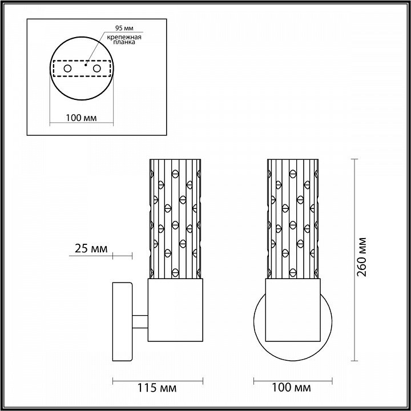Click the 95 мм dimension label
point(124,28)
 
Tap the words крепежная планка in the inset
point(124,39)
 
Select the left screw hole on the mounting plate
point(67,68)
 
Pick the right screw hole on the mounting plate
point(96,68)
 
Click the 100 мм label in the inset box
point(81,118)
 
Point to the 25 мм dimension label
point(91,248)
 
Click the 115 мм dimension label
point(158,388)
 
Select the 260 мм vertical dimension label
point(362,257)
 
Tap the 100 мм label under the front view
point(291,387)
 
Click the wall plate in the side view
point(122,321)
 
